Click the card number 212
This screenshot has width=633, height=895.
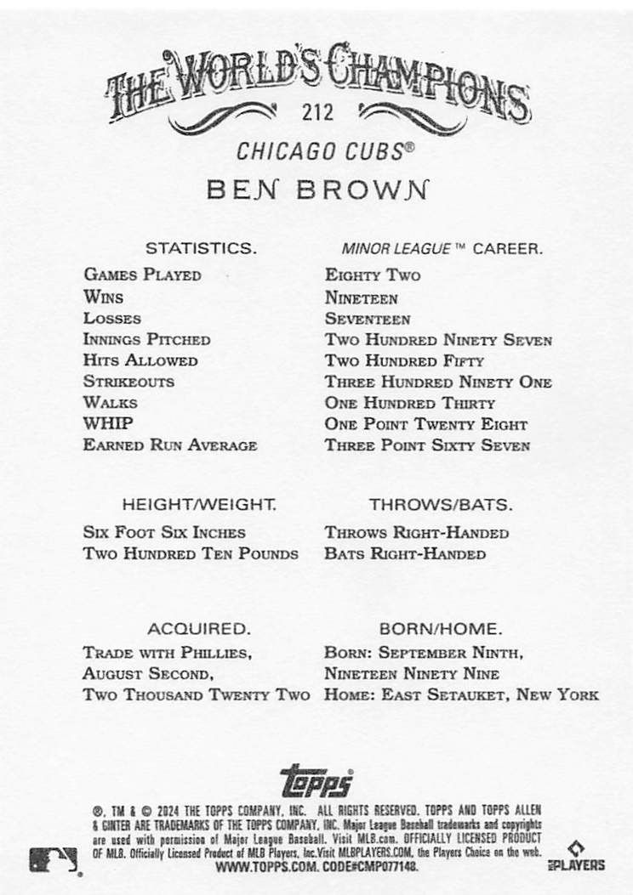(316, 112)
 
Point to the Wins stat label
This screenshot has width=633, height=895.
(103, 297)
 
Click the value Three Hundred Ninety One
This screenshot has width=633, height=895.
(438, 382)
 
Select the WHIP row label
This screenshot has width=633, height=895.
(108, 423)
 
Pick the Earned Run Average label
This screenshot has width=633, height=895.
(169, 445)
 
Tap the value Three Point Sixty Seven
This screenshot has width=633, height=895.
(427, 445)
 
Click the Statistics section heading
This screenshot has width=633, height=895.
(201, 249)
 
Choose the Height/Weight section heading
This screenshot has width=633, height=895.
(199, 504)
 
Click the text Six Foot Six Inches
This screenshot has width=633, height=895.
(164, 533)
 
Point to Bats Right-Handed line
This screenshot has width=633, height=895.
(405, 554)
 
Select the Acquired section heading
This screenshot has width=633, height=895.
(198, 630)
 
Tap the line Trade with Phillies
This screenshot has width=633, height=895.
(167, 653)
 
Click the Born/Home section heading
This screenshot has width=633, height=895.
(440, 630)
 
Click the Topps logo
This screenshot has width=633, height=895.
(316, 779)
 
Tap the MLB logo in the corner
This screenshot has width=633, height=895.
(54, 860)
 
